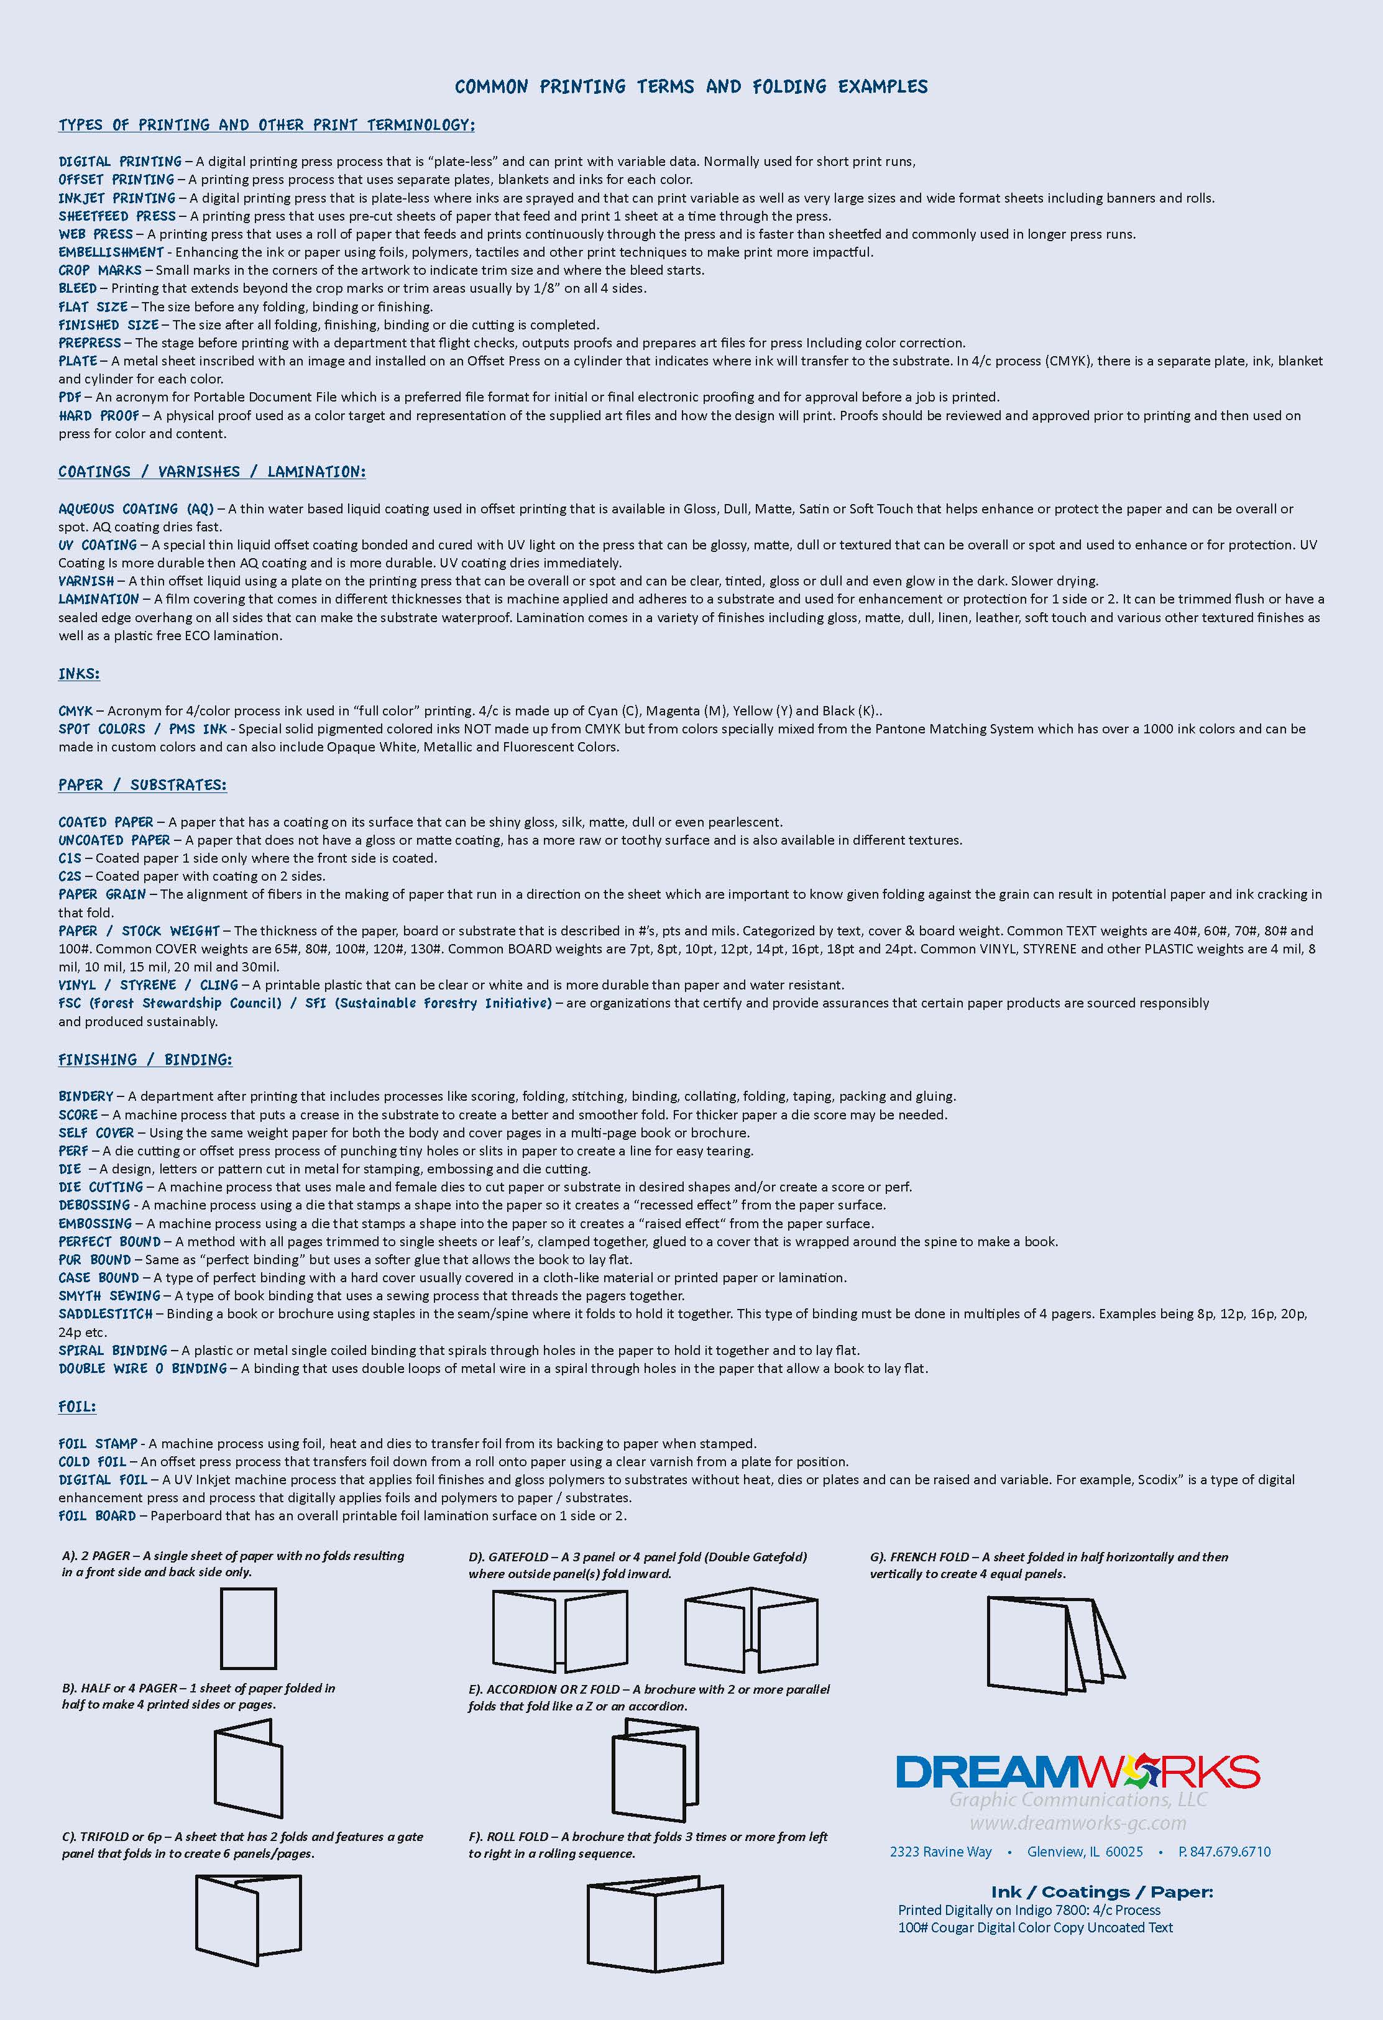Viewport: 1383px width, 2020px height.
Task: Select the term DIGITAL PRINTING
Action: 120,162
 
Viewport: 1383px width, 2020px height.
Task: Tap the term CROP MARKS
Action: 100,270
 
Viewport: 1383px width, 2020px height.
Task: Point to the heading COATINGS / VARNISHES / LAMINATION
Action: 212,472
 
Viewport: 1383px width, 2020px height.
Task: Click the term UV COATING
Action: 98,545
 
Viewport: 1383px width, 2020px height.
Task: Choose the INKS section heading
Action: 79,674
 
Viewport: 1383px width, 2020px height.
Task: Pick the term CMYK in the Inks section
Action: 76,711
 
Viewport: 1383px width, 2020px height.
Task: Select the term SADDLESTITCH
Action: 105,1314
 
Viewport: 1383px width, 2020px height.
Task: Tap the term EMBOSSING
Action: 94,1224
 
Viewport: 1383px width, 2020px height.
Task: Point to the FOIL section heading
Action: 77,1407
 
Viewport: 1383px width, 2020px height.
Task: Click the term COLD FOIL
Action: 92,1462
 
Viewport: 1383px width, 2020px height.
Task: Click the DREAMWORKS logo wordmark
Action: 1077,1771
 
